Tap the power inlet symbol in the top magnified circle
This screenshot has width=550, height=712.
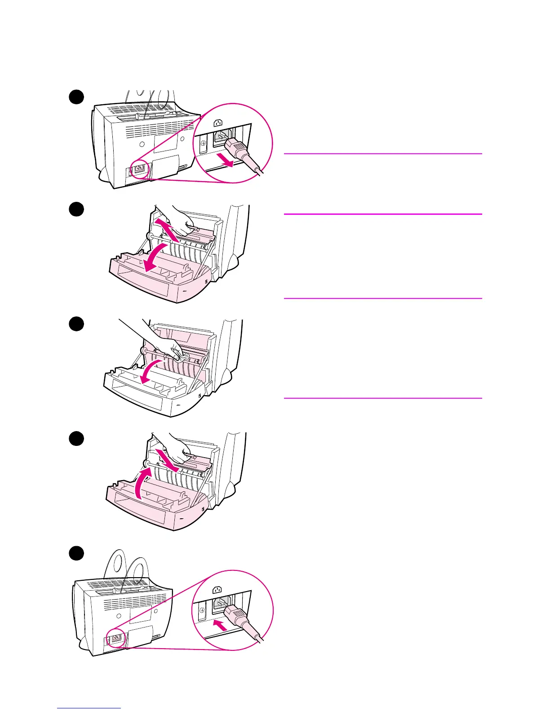[219, 122]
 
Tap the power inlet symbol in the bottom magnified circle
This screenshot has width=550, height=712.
[217, 589]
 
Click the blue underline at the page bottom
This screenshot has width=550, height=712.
[89, 708]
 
